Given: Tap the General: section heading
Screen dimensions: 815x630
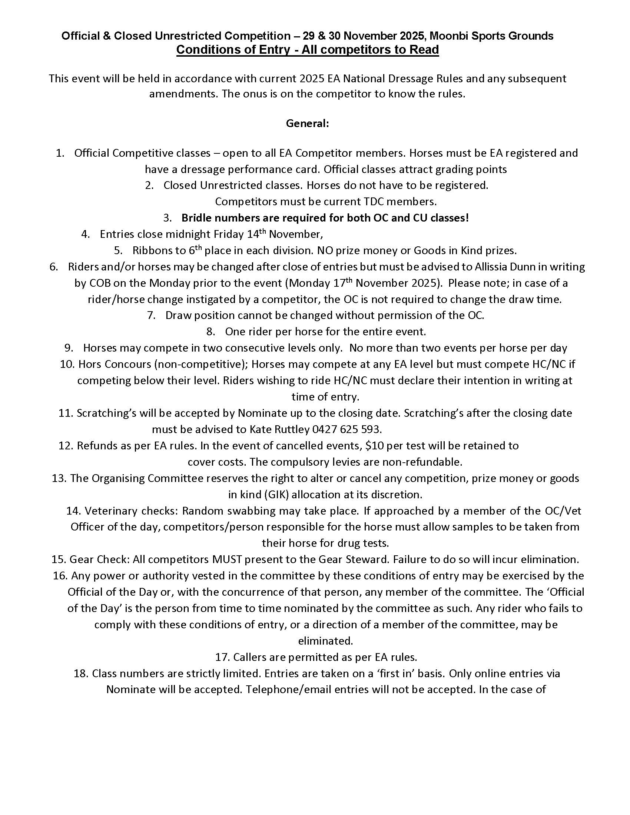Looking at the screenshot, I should (x=307, y=123).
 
